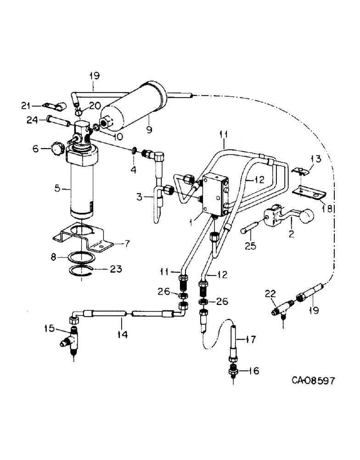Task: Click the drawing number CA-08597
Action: click(x=313, y=380)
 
